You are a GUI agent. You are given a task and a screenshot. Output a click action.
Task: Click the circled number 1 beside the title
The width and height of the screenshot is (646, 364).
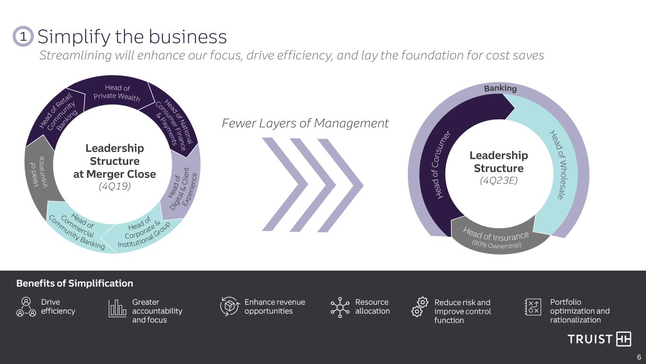(23, 36)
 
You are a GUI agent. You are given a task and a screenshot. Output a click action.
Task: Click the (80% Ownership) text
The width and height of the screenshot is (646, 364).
(496, 245)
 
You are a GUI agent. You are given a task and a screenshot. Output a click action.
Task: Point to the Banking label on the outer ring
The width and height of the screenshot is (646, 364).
(500, 88)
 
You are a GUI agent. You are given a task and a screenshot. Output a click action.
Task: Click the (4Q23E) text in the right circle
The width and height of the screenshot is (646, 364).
(499, 181)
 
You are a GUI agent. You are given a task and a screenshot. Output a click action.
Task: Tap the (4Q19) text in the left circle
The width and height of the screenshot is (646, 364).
(115, 186)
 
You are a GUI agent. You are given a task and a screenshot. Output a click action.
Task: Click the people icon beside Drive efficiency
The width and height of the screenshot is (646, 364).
(26, 307)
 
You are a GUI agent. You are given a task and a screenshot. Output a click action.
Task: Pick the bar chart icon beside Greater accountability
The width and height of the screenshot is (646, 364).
(117, 308)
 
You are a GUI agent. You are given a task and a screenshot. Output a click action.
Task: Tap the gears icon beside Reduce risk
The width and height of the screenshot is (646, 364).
(420, 307)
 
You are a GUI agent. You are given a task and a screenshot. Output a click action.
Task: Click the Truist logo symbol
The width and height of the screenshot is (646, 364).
(623, 339)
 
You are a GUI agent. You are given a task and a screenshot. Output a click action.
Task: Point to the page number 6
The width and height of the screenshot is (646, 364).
(639, 357)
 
